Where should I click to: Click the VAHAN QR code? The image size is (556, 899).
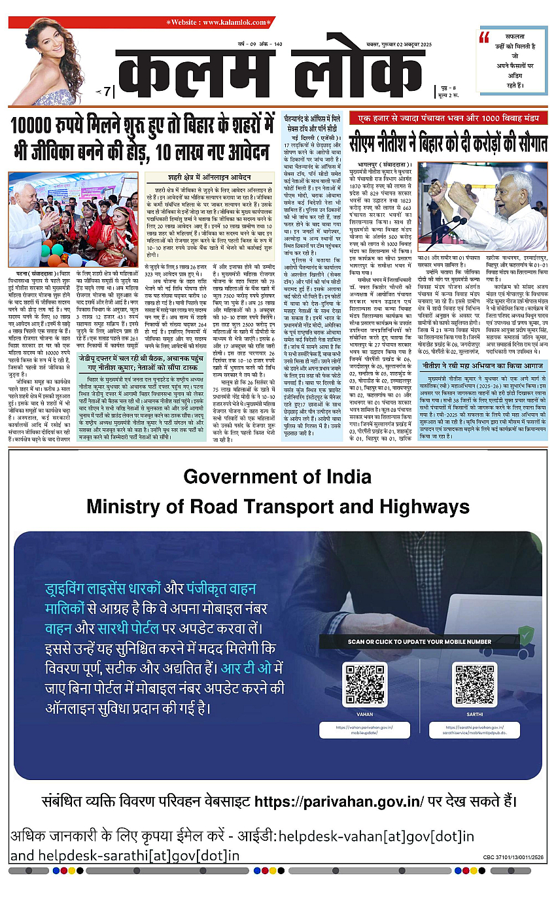click(x=365, y=685)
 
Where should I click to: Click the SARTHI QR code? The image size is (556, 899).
click(x=475, y=685)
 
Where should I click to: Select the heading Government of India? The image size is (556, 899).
click(x=278, y=477)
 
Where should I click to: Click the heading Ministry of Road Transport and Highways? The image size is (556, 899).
click(x=278, y=507)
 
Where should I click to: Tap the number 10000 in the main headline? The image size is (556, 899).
click(x=35, y=126)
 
